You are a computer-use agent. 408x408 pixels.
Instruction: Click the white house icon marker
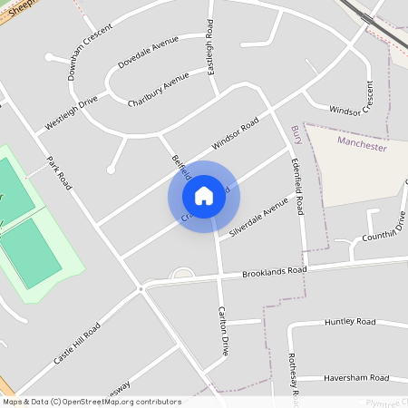(204, 196)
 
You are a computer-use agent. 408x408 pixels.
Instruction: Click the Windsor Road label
(236, 133)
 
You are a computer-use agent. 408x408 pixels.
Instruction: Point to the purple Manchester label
(362, 146)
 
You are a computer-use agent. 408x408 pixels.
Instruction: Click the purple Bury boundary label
(296, 135)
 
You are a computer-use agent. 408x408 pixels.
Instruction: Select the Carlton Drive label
(222, 330)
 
